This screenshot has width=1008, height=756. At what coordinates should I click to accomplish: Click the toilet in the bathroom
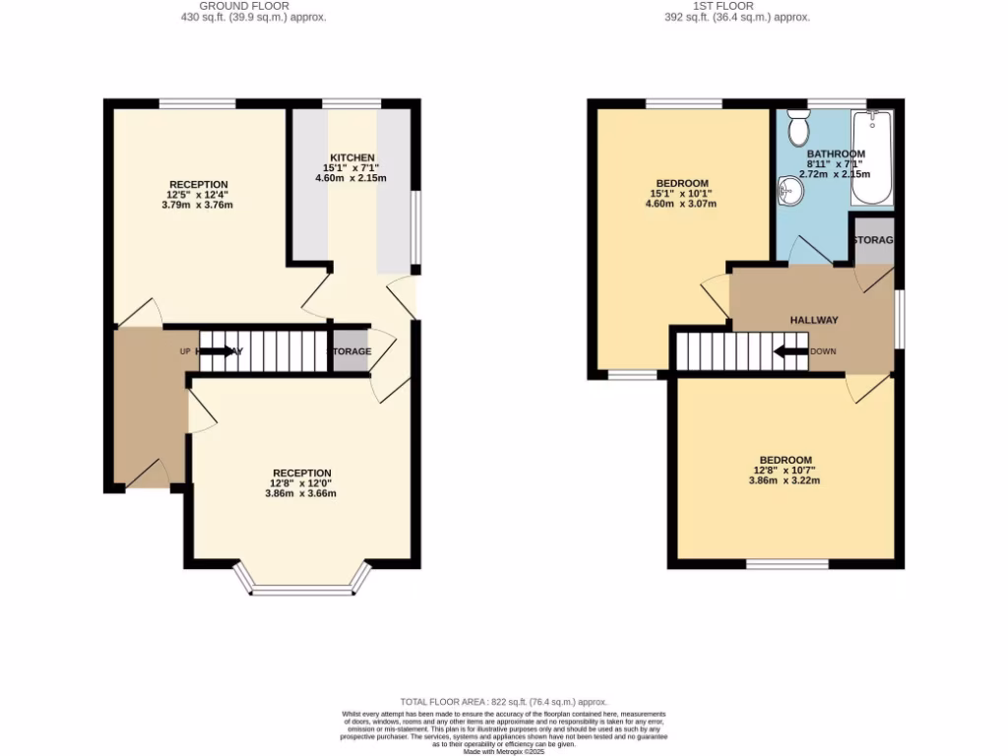798,129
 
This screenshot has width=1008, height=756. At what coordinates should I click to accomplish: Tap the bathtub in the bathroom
871,157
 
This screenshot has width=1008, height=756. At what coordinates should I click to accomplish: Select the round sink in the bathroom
789,189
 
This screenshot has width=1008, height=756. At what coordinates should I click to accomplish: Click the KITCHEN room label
351,157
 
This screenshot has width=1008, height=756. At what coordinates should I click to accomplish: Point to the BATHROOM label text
836,154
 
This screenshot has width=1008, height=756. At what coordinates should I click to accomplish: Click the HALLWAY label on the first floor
814,320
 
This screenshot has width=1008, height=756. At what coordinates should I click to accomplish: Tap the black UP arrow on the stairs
218,351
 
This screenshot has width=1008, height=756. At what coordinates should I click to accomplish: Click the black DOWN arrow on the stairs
790,351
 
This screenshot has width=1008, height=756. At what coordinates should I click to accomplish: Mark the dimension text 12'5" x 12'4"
199,195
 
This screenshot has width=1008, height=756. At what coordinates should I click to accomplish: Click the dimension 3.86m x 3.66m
300,493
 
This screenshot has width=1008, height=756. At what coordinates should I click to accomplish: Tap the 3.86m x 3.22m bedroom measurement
785,480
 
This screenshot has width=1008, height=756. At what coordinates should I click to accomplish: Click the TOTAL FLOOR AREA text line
503,701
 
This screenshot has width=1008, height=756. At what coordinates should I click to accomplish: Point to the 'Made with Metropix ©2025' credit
504,751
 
